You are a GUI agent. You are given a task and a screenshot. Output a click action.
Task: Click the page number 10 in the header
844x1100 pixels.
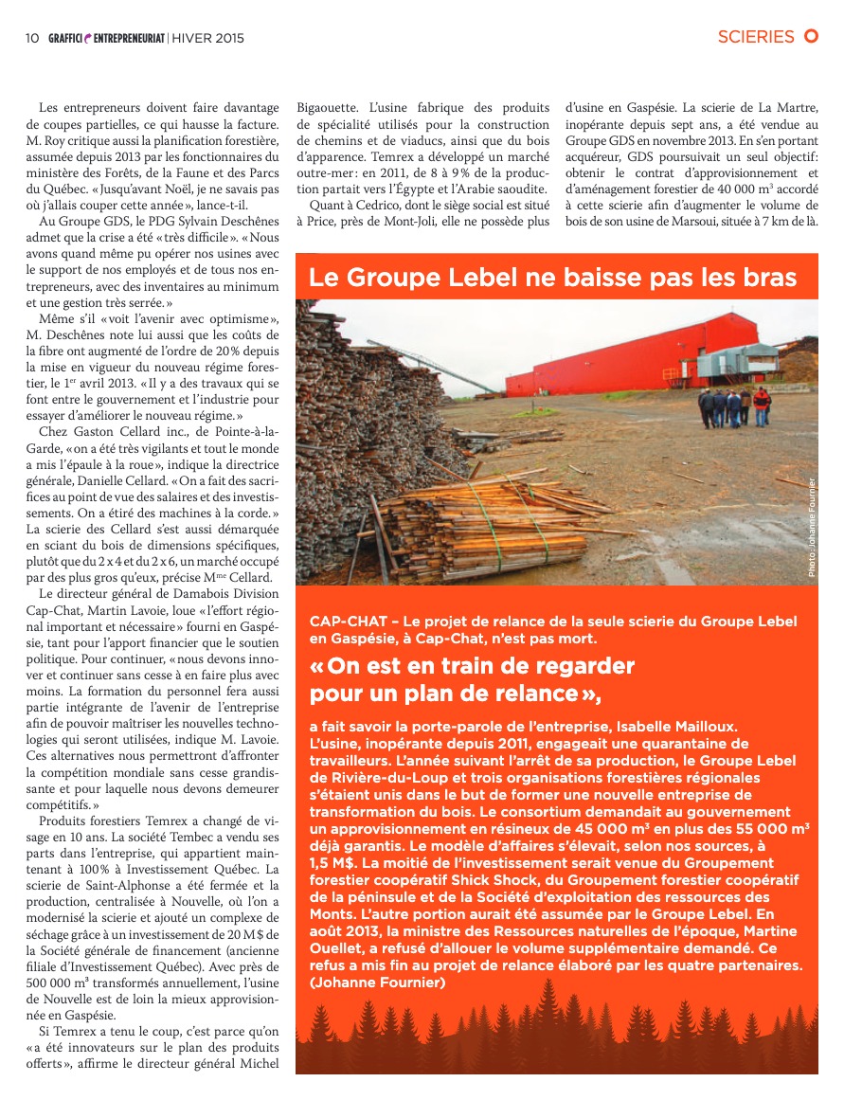[x=31, y=38]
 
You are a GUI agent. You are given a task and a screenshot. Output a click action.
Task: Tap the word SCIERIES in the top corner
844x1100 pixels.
[x=755, y=37]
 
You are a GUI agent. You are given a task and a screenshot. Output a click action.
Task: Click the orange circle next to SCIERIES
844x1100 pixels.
[x=811, y=37]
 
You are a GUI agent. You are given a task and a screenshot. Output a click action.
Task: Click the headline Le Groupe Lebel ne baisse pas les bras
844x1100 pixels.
[x=552, y=278]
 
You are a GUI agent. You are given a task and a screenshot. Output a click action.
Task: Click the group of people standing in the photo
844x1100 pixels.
[x=735, y=406]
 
